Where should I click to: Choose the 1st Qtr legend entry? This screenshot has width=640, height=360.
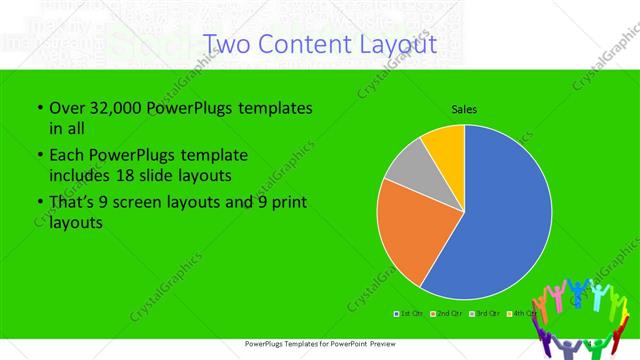[x=410, y=314]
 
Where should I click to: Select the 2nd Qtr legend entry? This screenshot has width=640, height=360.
[x=447, y=314]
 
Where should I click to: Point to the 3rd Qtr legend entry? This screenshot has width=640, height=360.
[x=485, y=314]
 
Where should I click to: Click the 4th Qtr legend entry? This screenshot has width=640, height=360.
[x=521, y=314]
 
